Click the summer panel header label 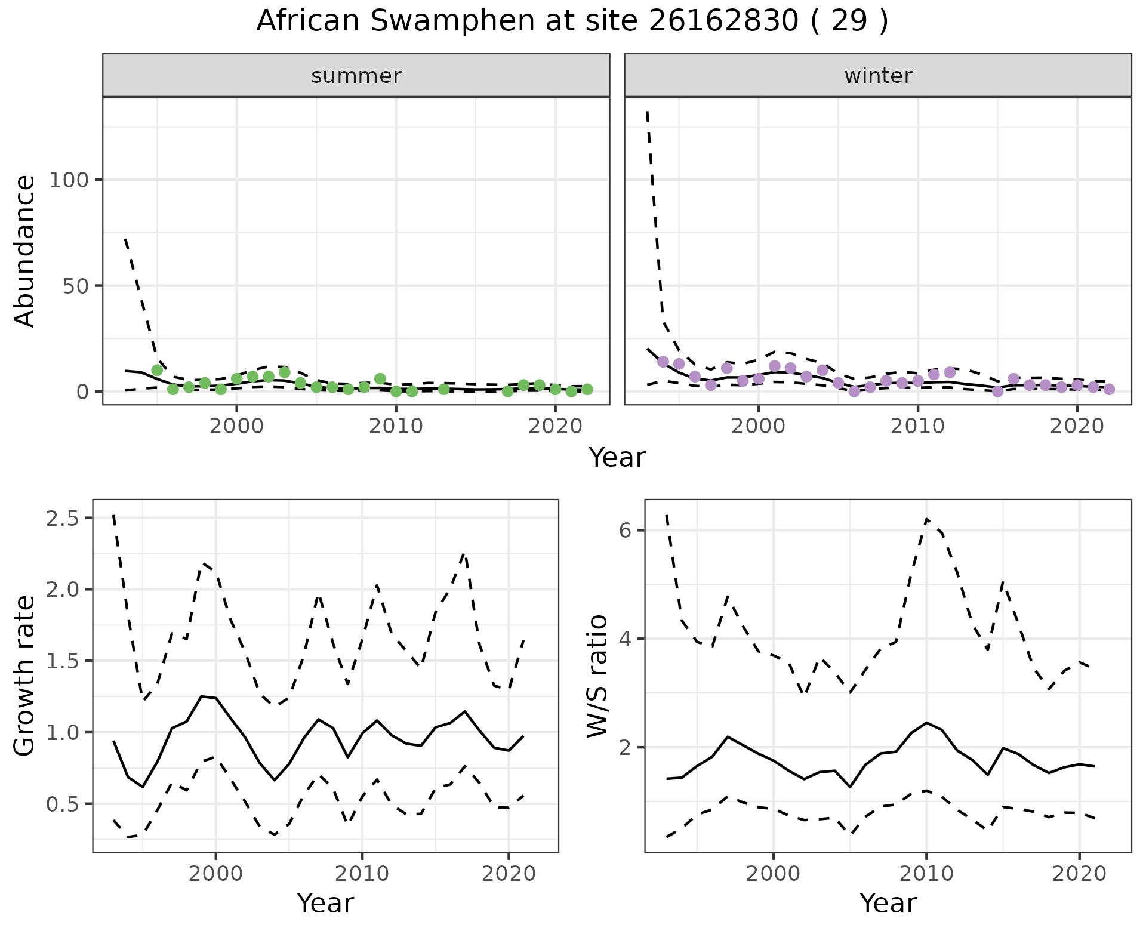pyautogui.click(x=356, y=76)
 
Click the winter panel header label pyautogui.click(x=878, y=76)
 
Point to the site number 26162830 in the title pyautogui.click(x=723, y=21)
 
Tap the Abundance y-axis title pyautogui.click(x=24, y=251)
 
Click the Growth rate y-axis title pyautogui.click(x=24, y=676)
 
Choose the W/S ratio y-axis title pyautogui.click(x=597, y=676)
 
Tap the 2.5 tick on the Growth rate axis pyautogui.click(x=63, y=518)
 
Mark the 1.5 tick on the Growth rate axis pyautogui.click(x=63, y=661)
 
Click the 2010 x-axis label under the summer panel pyautogui.click(x=396, y=427)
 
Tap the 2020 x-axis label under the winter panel pyautogui.click(x=1077, y=427)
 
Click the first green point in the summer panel pyautogui.click(x=157, y=370)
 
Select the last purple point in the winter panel pyautogui.click(x=1109, y=389)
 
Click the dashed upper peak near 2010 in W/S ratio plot pyautogui.click(x=926, y=519)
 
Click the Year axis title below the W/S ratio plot pyautogui.click(x=888, y=903)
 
